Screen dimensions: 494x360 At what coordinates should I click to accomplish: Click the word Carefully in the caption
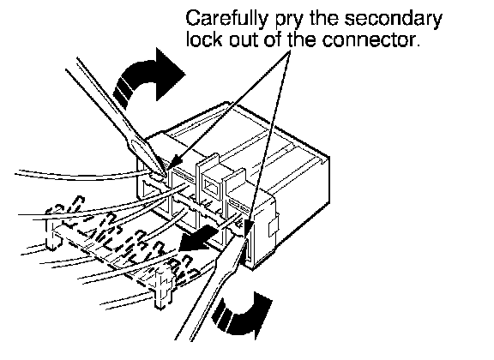click(226, 20)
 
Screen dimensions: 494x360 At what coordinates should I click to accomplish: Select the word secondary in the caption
click(393, 20)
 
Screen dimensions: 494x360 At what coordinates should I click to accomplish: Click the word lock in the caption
click(204, 39)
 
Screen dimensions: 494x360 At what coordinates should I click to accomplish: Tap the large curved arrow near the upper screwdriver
click(148, 79)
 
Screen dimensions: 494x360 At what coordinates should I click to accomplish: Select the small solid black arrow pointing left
click(197, 239)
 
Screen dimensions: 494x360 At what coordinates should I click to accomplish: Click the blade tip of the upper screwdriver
click(164, 174)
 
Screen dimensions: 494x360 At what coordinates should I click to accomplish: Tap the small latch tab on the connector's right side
click(273, 226)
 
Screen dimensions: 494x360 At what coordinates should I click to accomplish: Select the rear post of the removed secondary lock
click(52, 234)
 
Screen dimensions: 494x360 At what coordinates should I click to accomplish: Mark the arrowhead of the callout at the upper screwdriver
click(175, 163)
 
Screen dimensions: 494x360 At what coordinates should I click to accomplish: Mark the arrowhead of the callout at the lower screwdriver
click(249, 226)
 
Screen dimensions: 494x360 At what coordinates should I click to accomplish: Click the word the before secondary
click(323, 20)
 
